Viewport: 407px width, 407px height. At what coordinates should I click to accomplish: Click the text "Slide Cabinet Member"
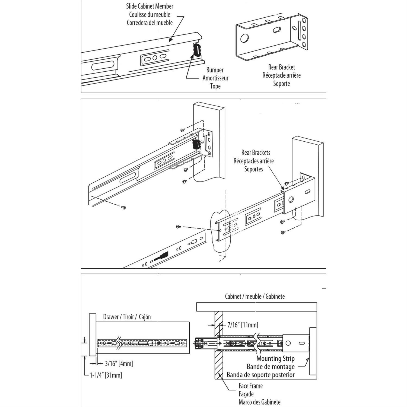[150, 6]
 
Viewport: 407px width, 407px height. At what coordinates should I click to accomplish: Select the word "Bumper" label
[215, 70]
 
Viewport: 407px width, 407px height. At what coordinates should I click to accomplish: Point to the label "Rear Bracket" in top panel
[281, 67]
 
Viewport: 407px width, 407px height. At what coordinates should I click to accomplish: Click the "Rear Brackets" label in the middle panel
[256, 153]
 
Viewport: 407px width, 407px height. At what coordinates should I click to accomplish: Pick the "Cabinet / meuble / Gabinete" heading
[255, 296]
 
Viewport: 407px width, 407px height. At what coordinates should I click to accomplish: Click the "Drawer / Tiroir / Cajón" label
[127, 317]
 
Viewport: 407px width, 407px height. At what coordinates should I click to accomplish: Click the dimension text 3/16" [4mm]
[119, 363]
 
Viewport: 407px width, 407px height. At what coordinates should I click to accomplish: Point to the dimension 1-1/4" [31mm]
[106, 375]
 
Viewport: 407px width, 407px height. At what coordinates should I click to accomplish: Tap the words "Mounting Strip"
[275, 358]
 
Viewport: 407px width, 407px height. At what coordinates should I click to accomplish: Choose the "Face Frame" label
[250, 386]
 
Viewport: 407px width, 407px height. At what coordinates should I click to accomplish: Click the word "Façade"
[246, 394]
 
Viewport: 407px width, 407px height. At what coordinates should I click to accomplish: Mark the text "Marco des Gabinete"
[259, 402]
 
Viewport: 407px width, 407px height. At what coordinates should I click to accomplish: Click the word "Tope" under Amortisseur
[215, 86]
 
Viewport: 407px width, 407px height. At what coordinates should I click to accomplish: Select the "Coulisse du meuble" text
[150, 14]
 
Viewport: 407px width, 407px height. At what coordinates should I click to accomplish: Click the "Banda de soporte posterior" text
[260, 375]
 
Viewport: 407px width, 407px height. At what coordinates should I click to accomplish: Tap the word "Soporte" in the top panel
[281, 84]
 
